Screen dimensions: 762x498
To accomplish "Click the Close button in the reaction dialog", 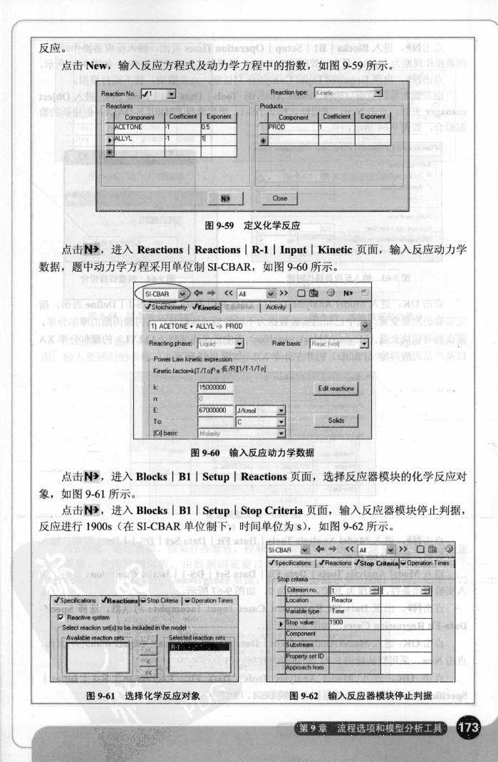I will click(280, 198).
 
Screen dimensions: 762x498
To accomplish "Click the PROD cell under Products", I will click(292, 126).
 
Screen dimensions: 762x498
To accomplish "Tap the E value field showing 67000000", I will click(212, 410).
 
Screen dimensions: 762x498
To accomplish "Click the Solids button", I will click(336, 421).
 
